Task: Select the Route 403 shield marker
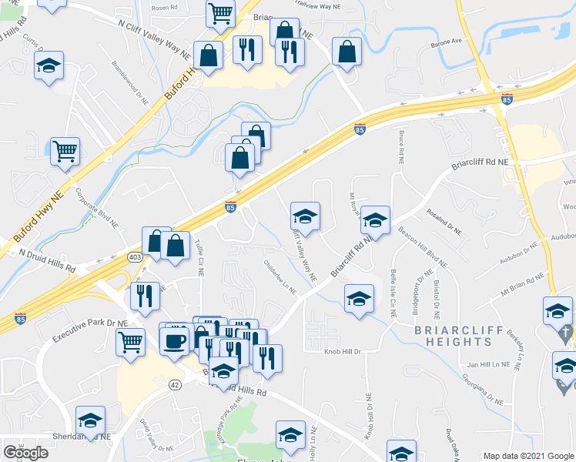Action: point(136,257)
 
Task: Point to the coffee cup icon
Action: point(174,339)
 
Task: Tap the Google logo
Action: point(25,453)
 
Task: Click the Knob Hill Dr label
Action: point(343,350)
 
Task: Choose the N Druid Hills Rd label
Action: point(48,259)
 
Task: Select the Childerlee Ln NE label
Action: point(280,276)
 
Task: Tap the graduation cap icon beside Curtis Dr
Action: point(49,66)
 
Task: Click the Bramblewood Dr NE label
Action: point(129,82)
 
